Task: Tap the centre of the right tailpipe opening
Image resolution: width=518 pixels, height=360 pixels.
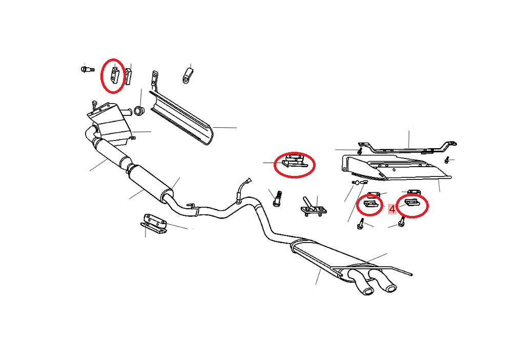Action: tap(391, 288)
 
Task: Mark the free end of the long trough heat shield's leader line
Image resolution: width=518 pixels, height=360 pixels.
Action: tap(237, 128)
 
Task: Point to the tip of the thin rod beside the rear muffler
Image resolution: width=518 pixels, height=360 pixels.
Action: tap(411, 274)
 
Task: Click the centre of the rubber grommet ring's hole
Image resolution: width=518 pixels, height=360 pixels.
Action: tap(138, 111)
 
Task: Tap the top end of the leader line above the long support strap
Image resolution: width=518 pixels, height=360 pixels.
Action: tap(409, 131)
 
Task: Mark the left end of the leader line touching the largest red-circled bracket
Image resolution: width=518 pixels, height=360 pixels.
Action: tap(263, 163)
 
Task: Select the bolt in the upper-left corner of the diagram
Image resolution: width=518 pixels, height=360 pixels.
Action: tap(87, 69)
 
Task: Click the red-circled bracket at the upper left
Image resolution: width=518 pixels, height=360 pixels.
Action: tap(114, 75)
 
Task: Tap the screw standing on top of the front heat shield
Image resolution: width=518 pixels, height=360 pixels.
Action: tap(95, 105)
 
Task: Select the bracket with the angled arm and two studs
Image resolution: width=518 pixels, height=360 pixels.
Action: tap(313, 207)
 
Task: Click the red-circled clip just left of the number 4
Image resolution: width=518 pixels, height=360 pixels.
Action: tap(369, 204)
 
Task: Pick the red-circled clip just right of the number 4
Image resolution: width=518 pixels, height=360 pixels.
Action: tap(411, 203)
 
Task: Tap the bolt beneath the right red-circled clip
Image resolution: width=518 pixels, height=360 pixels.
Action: tap(402, 222)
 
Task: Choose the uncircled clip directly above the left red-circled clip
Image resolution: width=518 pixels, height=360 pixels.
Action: tap(374, 194)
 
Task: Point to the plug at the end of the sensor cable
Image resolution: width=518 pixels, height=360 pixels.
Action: tap(248, 181)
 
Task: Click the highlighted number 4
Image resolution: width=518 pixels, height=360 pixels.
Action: tap(392, 209)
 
